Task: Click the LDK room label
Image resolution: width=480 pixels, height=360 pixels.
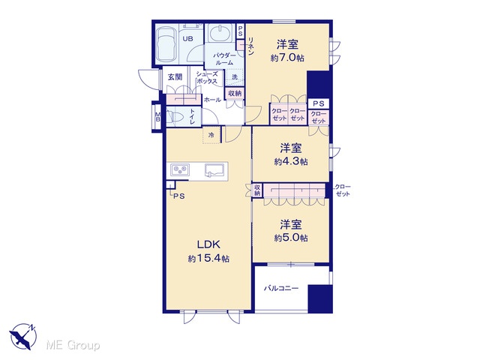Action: click(208, 244)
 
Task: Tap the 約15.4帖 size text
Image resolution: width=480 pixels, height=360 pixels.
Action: click(208, 259)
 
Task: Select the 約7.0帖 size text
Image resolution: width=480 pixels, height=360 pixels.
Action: click(287, 58)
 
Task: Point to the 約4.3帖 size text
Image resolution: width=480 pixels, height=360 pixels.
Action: click(291, 161)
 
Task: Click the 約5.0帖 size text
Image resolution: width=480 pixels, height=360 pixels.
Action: click(291, 238)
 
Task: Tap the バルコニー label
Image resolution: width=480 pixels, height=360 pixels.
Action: click(281, 288)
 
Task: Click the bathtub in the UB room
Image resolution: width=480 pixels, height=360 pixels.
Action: click(165, 44)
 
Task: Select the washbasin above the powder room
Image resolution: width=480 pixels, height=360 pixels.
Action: click(220, 33)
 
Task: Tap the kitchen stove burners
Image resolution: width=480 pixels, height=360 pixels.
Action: click(180, 169)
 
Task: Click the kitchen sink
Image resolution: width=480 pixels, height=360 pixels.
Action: click(215, 170)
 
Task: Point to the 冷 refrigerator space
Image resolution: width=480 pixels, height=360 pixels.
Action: click(211, 135)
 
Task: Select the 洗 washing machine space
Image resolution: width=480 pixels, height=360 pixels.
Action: click(235, 76)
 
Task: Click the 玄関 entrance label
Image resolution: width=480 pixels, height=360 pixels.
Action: click(175, 76)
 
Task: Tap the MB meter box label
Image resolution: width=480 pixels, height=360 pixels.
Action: click(157, 117)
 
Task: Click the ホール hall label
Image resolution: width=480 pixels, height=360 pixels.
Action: click(212, 100)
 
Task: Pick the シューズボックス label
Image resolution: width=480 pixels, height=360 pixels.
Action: click(207, 77)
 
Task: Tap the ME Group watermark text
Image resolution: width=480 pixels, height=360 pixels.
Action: click(73, 345)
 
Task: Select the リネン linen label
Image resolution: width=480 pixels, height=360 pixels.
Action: click(251, 46)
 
